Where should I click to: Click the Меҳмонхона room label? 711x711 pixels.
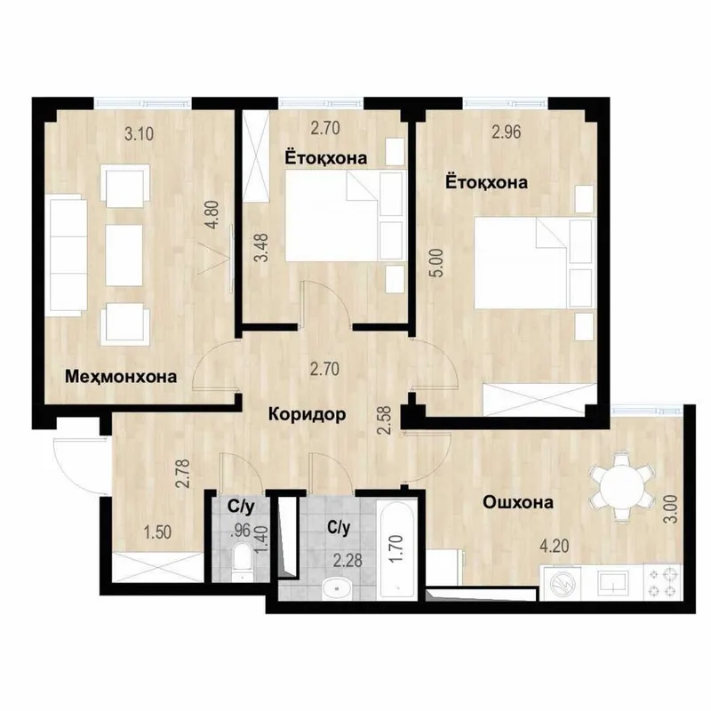[121, 377]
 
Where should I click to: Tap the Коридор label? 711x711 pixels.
[307, 414]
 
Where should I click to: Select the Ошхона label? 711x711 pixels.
[518, 502]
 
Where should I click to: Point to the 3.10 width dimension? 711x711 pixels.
[140, 134]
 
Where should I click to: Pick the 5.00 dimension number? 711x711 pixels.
[440, 263]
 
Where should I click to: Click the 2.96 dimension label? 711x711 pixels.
[507, 132]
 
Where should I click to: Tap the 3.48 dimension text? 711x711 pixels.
[261, 248]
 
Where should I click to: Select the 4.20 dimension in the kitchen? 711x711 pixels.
[554, 546]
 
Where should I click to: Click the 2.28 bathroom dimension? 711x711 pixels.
[348, 561]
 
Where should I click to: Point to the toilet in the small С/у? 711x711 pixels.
[241, 563]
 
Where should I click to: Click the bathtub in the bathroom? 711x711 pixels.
[397, 548]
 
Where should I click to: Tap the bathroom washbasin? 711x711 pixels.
[338, 588]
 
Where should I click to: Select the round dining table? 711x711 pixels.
[622, 488]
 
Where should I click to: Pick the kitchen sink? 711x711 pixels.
[613, 581]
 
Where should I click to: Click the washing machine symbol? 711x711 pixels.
[563, 582]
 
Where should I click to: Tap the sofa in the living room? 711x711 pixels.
[67, 256]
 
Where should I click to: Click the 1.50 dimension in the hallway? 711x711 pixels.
[157, 532]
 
